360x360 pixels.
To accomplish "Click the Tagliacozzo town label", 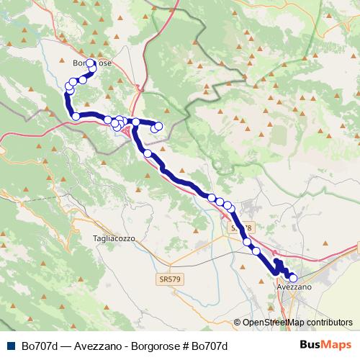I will pos(114,238).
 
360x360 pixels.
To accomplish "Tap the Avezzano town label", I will pos(294,287).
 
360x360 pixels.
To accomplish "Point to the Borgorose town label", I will pos(91,63).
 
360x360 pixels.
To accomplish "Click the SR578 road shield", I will pos(241,228).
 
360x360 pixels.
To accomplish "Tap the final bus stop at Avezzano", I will pos(292,278).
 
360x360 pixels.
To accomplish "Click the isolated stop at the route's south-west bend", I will pos(76,117).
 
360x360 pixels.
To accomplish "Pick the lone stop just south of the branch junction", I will pos(148,153).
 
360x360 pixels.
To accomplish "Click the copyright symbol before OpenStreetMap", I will pos(237,323).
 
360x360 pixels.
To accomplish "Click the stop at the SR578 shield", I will pos(248,243).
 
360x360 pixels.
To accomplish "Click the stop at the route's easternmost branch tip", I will pos(159,127).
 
